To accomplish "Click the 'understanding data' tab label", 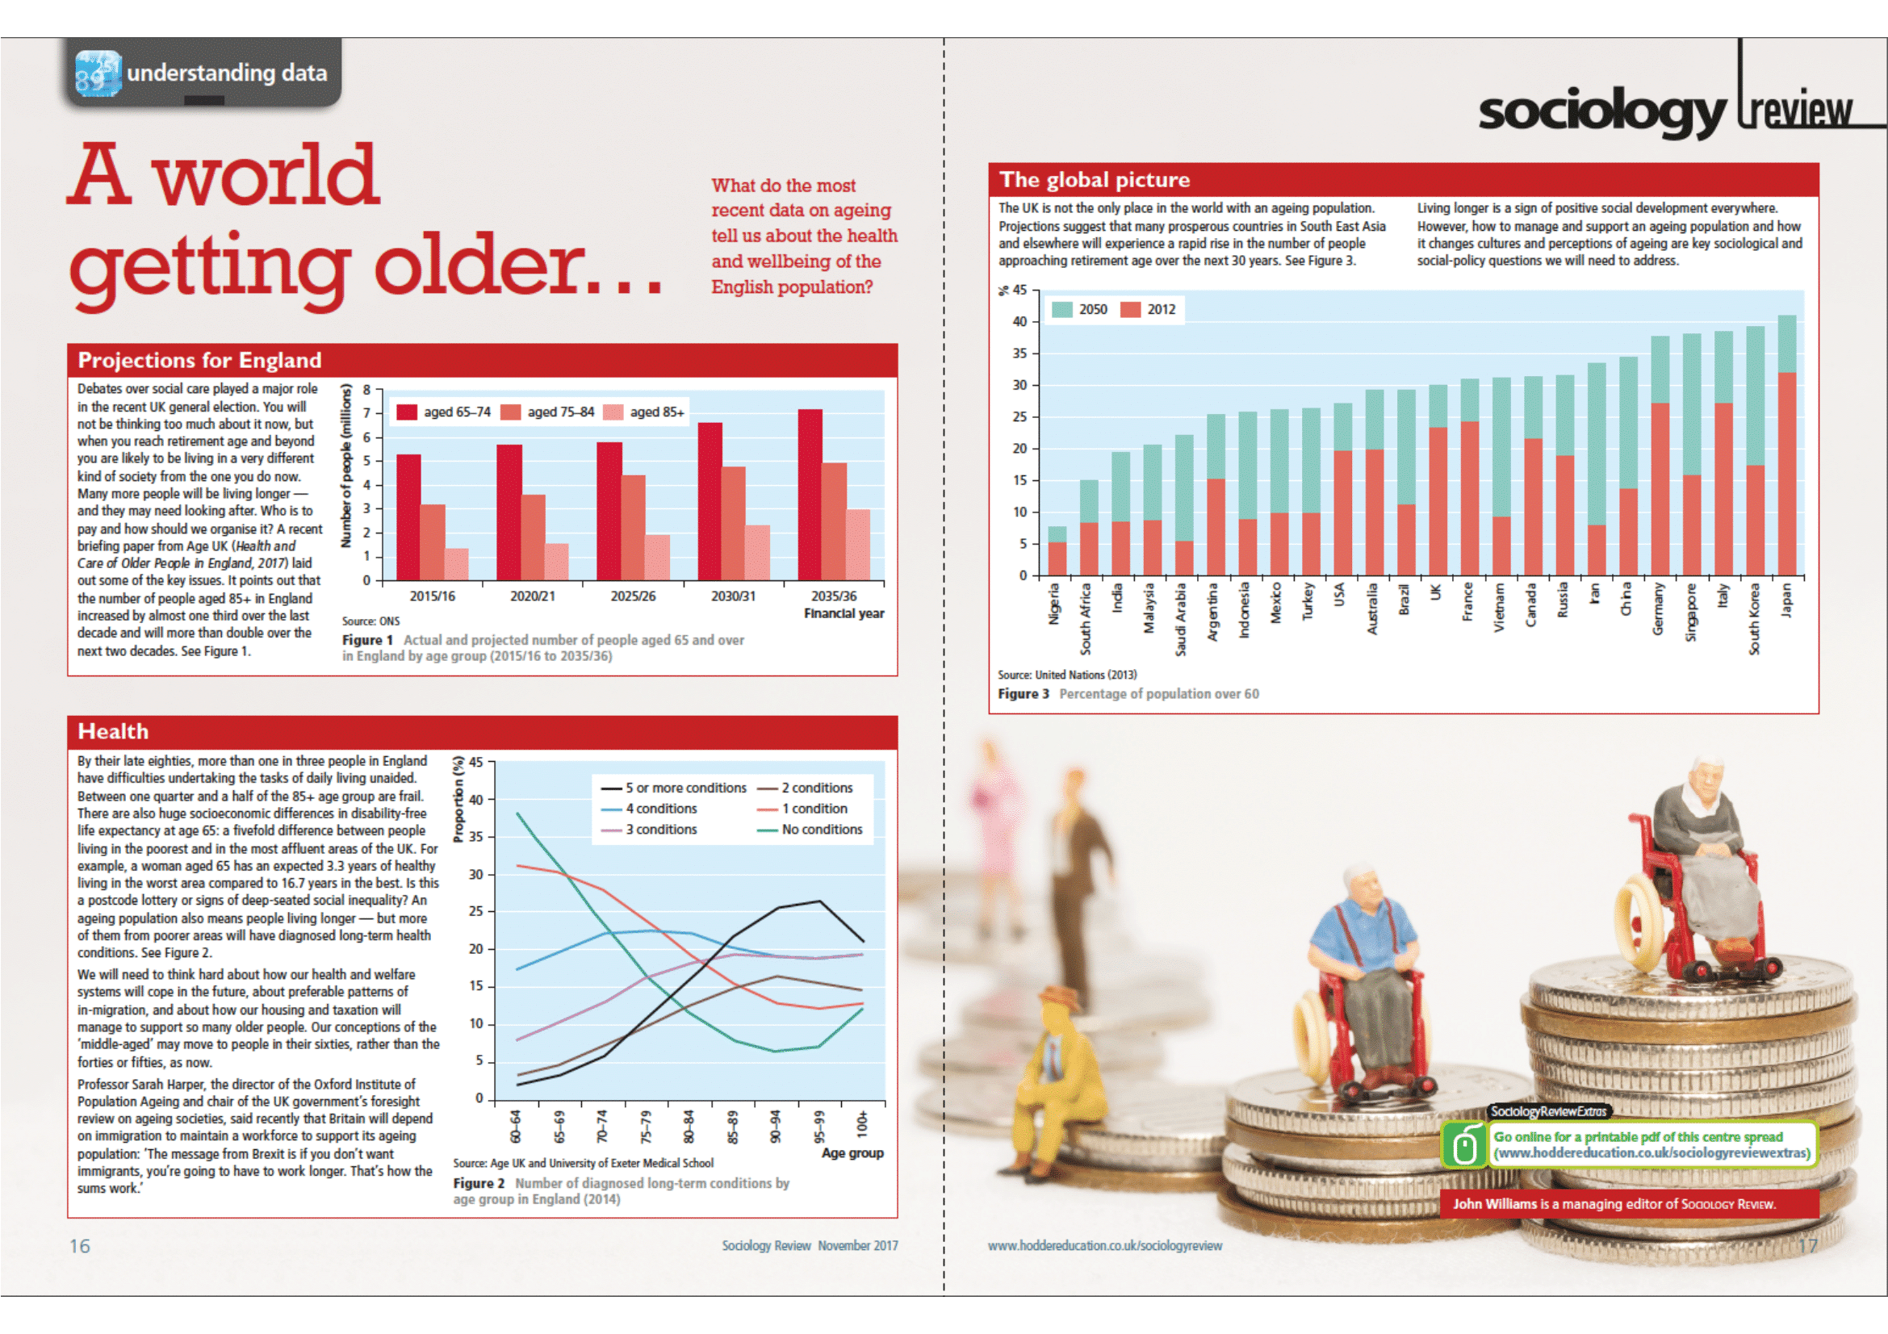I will pyautogui.click(x=226, y=73).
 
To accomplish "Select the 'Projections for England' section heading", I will pyautogui.click(x=199, y=360).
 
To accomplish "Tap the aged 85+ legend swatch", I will pyautogui.click(x=613, y=412).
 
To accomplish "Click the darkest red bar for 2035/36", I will pyautogui.click(x=809, y=495).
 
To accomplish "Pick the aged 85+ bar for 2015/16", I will pyautogui.click(x=456, y=564).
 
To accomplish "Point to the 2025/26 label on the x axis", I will pyautogui.click(x=632, y=596).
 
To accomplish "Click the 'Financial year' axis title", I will pyautogui.click(x=844, y=613).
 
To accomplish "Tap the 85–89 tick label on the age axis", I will pyautogui.click(x=732, y=1126).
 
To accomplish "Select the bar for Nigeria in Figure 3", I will pyautogui.click(x=1057, y=551).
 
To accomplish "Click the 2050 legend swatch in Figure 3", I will pyautogui.click(x=1061, y=309).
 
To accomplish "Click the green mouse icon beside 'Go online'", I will pyautogui.click(x=1464, y=1145).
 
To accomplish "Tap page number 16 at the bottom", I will pyautogui.click(x=80, y=1245).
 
